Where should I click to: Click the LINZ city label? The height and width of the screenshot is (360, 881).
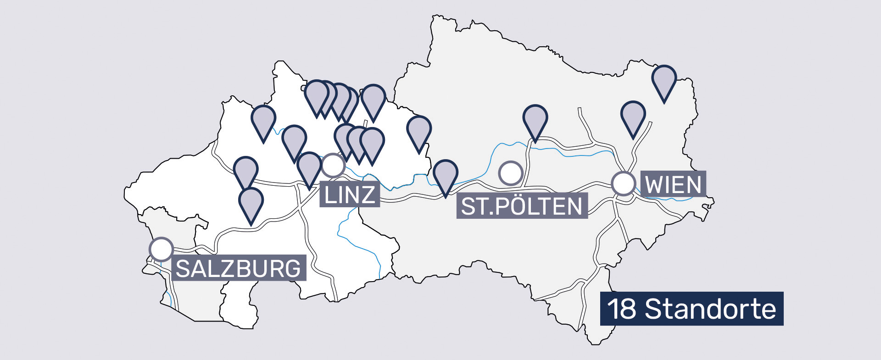[x=349, y=194]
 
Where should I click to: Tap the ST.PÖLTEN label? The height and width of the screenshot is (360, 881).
[x=522, y=206]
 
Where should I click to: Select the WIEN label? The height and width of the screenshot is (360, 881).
[x=673, y=184]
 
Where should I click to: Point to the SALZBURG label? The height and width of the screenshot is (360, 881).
[x=238, y=268]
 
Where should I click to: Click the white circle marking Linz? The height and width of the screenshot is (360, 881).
[x=333, y=165]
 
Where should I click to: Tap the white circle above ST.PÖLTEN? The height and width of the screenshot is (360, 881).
[x=510, y=173]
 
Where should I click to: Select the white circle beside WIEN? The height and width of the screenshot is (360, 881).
[x=623, y=183]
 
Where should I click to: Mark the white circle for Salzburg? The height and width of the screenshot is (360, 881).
[x=161, y=249]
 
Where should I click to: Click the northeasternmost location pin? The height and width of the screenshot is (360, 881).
[x=664, y=80]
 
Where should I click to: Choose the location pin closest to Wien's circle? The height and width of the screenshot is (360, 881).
[x=633, y=116]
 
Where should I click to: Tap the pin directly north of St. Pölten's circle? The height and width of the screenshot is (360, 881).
[x=535, y=120]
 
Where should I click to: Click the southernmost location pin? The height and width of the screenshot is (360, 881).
[x=251, y=202]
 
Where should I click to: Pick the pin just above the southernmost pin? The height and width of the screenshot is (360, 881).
[x=245, y=171]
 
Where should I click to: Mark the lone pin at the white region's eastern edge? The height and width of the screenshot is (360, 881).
[x=418, y=131]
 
